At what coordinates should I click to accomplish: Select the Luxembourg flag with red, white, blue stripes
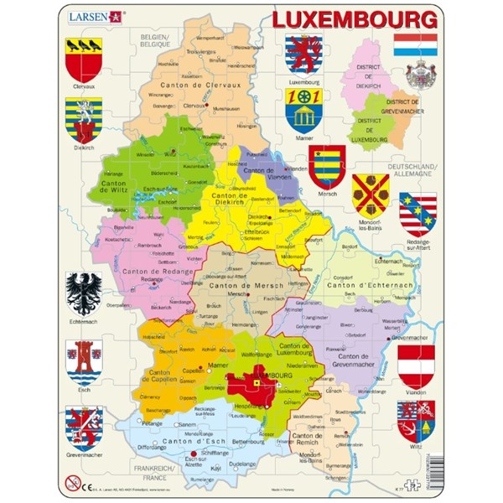click(x=415, y=44)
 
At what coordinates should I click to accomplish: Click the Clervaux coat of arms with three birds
click(x=84, y=59)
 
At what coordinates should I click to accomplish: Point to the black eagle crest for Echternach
click(x=84, y=294)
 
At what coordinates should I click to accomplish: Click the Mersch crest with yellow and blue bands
click(x=327, y=166)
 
